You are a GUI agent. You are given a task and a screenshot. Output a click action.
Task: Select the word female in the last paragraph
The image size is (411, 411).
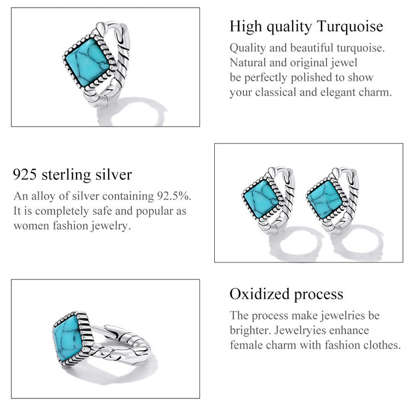coord(244,345)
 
